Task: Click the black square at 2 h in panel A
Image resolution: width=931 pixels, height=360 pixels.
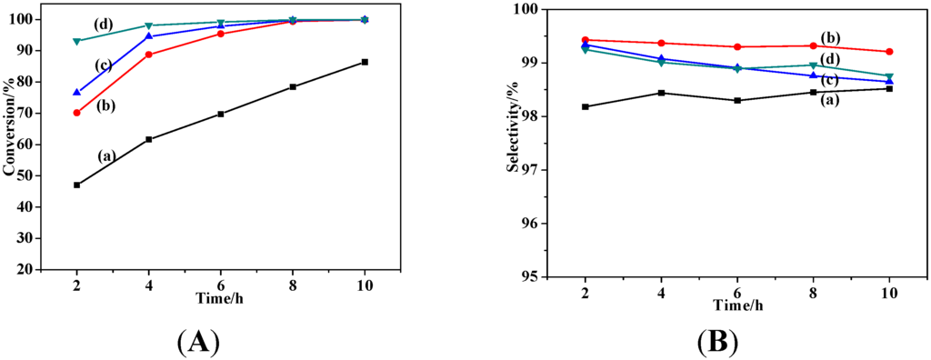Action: pos(77,185)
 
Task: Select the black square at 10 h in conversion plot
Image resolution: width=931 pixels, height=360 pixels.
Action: pos(365,62)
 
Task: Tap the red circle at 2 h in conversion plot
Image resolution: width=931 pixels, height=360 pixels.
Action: pos(77,113)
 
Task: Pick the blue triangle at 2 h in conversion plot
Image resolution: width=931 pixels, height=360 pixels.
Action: pos(77,92)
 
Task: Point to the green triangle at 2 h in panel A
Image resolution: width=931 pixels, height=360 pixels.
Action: pos(77,41)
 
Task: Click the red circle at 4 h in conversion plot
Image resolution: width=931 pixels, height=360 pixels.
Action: pos(149,55)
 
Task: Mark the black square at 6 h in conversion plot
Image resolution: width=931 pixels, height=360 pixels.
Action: pos(221,114)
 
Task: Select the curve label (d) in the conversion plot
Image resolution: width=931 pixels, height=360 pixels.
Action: pos(102,24)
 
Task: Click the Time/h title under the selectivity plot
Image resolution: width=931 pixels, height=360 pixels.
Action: pos(737,303)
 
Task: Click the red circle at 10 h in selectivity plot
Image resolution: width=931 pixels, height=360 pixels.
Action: pos(889,52)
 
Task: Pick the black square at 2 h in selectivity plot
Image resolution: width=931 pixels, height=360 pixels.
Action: pos(586,106)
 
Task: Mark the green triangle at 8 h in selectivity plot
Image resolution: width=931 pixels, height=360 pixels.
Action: pos(813,65)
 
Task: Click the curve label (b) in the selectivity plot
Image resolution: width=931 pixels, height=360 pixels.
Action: pos(831,37)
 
